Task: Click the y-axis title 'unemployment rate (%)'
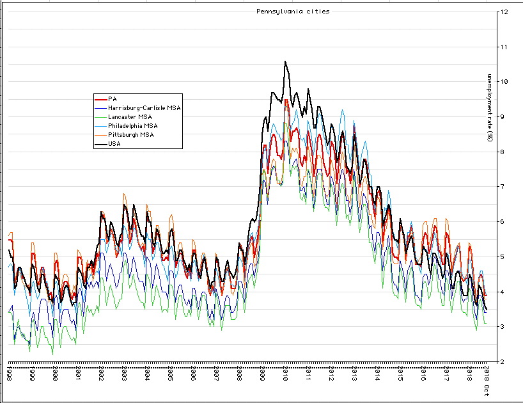pyautogui.click(x=490, y=108)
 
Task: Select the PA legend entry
pyautogui.click(x=112, y=99)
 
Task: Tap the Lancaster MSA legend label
pyautogui.click(x=130, y=117)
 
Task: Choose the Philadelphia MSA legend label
pyautogui.click(x=133, y=126)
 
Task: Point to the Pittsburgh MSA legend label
pyautogui.click(x=131, y=135)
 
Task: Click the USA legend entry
pyautogui.click(x=114, y=144)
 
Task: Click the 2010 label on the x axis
pyautogui.click(x=285, y=373)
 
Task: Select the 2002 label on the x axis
pyautogui.click(x=101, y=373)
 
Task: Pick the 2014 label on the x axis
pyautogui.click(x=377, y=373)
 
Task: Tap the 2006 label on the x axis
pyautogui.click(x=193, y=373)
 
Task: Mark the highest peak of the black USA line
pyautogui.click(x=285, y=61)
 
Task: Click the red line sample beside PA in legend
pyautogui.click(x=100, y=99)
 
